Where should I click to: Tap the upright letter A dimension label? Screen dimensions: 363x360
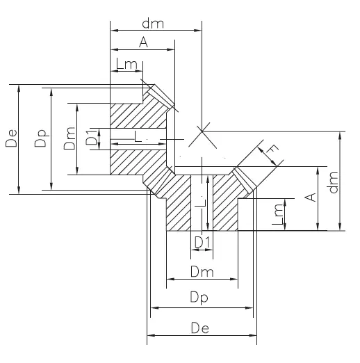[x=143, y=42]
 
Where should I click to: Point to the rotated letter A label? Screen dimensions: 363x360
[x=311, y=197]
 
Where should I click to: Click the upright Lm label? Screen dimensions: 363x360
[x=126, y=65]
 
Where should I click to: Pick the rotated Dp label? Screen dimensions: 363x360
[x=41, y=138]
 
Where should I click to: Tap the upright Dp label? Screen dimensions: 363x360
[x=200, y=298]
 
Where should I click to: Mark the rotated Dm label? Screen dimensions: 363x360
[x=68, y=139]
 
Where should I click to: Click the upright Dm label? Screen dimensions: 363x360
[x=200, y=272]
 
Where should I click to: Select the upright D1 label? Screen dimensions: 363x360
[x=202, y=242]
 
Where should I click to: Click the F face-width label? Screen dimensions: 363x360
[x=273, y=149]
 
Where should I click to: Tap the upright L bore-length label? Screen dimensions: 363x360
[x=142, y=138]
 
